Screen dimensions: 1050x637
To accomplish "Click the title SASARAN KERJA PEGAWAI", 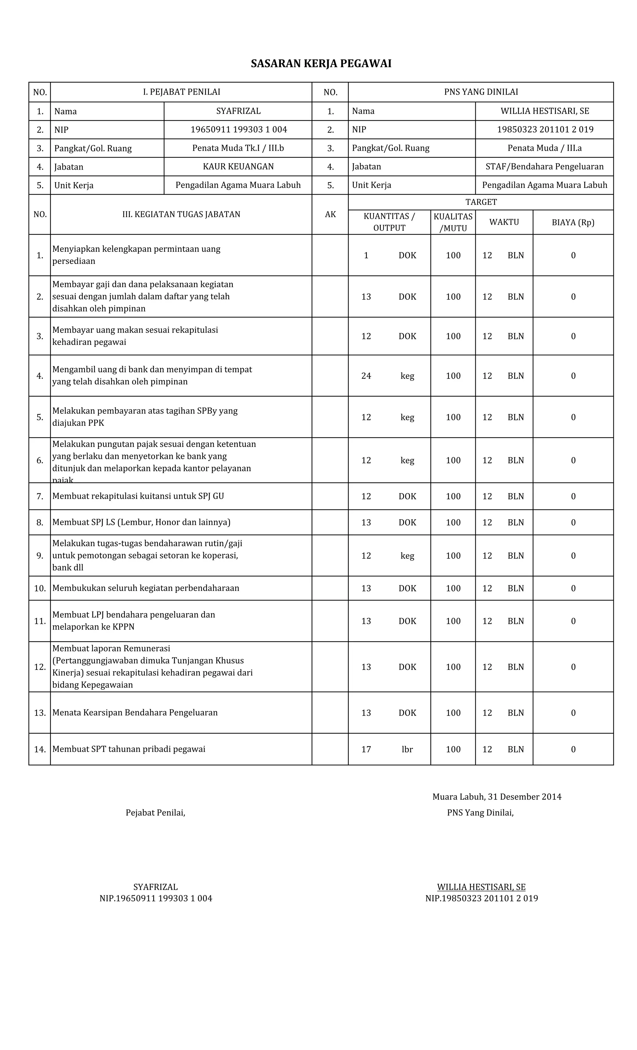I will (321, 64).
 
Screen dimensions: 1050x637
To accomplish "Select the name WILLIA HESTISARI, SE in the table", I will (544, 111).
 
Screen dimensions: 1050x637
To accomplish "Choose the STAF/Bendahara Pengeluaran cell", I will (544, 166).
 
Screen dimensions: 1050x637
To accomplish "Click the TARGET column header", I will (481, 202).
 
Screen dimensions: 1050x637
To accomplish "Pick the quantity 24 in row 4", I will (366, 375).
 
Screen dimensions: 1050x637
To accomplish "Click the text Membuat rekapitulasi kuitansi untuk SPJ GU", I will (138, 496).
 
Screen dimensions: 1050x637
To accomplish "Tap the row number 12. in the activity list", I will (40, 666).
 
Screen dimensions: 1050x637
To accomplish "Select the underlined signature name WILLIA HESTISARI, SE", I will (481, 887).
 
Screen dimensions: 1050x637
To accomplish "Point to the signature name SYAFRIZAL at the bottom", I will (156, 887).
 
